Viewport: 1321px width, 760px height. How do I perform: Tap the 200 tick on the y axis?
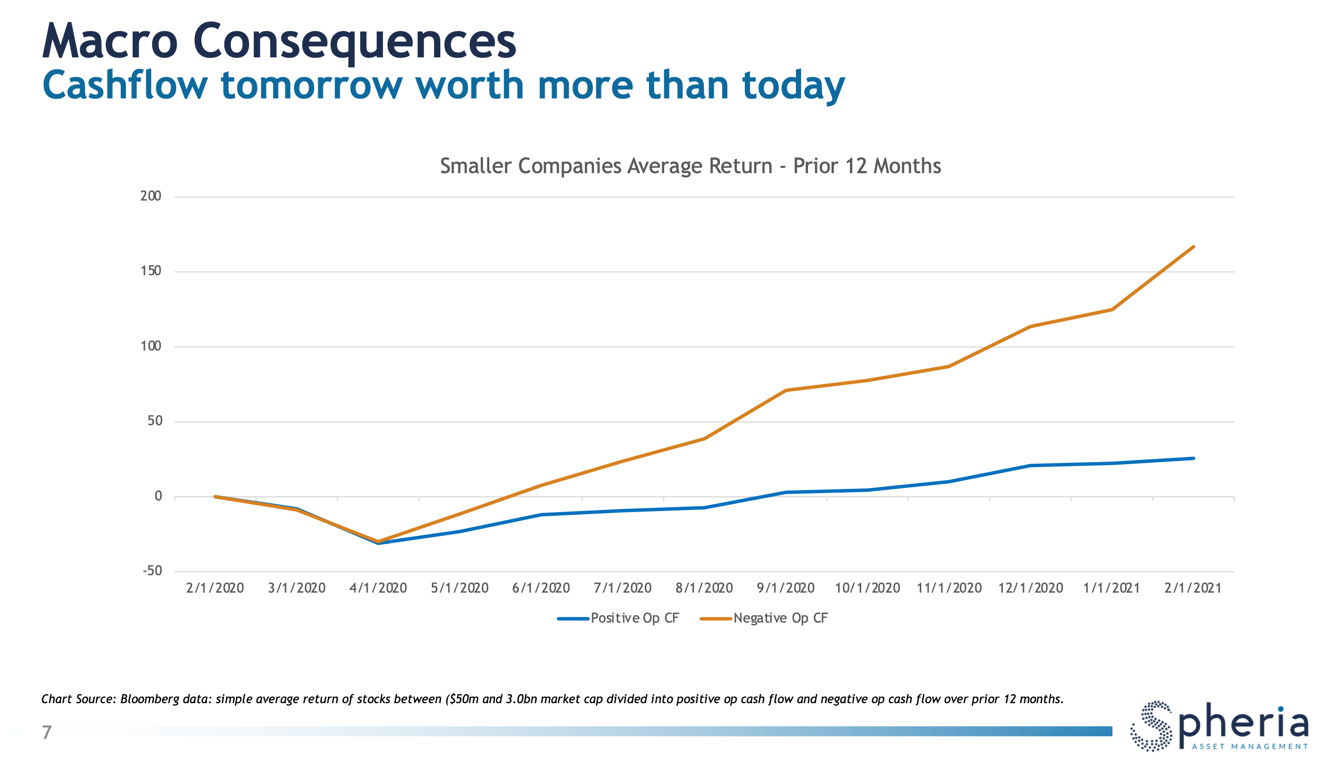pyautogui.click(x=151, y=196)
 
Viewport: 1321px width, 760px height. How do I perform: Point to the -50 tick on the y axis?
pyautogui.click(x=152, y=571)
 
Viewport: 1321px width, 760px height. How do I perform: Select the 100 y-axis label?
pyautogui.click(x=151, y=346)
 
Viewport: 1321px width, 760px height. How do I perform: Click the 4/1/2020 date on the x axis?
pyautogui.click(x=378, y=588)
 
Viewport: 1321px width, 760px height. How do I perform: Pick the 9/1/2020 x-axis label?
pyautogui.click(x=785, y=588)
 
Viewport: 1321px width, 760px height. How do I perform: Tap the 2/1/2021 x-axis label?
pyautogui.click(x=1193, y=588)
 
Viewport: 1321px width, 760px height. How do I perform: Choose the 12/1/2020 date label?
pyautogui.click(x=1030, y=588)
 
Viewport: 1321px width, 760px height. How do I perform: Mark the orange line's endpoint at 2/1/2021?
pyautogui.click(x=1193, y=247)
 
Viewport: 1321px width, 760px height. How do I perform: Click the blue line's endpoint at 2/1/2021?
pyautogui.click(x=1193, y=458)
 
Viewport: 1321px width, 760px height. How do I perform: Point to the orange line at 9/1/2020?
pyautogui.click(x=785, y=391)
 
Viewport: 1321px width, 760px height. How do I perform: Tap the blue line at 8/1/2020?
pyautogui.click(x=704, y=508)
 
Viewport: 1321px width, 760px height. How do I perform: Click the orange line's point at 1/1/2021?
pyautogui.click(x=1112, y=309)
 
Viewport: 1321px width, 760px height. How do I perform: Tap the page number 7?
pyautogui.click(x=47, y=732)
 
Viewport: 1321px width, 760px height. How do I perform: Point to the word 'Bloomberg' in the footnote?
pyautogui.click(x=150, y=699)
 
